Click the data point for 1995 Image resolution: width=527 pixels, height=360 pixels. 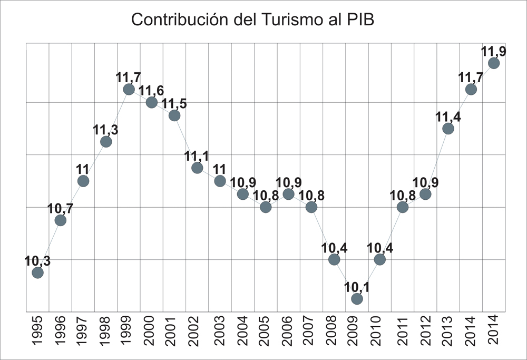37,273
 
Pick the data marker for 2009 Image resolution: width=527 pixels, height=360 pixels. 357,299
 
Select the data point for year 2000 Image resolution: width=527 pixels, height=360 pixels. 152,102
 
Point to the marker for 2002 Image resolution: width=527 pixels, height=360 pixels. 197,168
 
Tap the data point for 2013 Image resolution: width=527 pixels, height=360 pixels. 448,129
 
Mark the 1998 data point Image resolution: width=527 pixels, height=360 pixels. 106,142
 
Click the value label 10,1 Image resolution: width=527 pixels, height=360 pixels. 357,286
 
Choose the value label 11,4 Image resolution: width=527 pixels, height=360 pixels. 448,116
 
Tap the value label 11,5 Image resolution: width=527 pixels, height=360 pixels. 174,103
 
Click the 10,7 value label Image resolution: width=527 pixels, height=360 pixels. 61,208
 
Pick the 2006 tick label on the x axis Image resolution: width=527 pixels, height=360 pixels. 288,330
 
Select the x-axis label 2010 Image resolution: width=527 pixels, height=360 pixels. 379,330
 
